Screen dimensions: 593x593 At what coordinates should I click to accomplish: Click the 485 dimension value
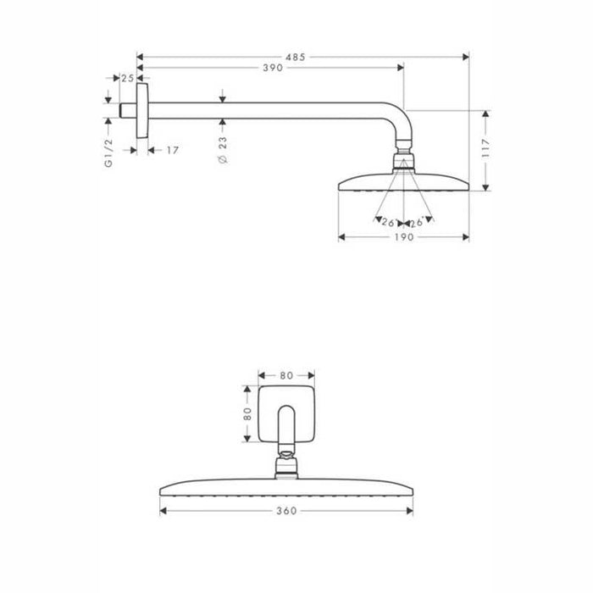click(x=296, y=57)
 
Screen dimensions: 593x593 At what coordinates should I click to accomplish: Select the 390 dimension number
click(x=271, y=68)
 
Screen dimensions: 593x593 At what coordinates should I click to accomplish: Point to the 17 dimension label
click(x=171, y=150)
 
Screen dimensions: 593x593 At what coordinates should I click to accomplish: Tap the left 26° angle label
click(x=389, y=222)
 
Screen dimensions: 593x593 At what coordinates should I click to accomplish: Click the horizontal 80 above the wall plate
click(x=286, y=373)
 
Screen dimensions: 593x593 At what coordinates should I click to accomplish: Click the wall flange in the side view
click(x=142, y=109)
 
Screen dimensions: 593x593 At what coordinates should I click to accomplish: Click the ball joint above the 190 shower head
click(x=403, y=161)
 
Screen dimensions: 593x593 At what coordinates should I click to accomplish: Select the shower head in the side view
click(x=402, y=182)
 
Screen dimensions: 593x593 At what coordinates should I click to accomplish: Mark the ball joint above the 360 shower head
click(x=286, y=463)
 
